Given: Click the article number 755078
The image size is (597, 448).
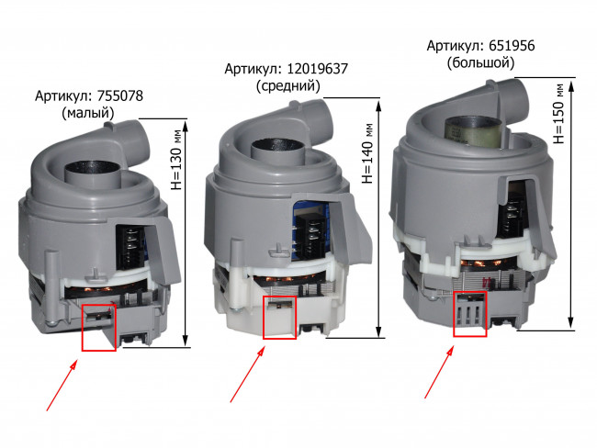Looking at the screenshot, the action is (120, 95).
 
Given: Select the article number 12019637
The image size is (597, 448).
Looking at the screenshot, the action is (317, 69).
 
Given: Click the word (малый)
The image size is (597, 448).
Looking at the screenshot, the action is (88, 113).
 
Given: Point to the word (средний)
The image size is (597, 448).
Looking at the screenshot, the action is (287, 86).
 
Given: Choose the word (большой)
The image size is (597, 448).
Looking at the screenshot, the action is (480, 62).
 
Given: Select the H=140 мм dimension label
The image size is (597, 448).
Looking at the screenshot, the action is (367, 153).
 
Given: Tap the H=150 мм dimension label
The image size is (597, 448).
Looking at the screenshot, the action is (558, 114).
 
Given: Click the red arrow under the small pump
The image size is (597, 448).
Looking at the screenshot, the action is (62, 386).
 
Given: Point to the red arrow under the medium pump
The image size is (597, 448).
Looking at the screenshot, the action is (247, 374).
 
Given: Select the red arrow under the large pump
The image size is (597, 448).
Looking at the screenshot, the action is (439, 372).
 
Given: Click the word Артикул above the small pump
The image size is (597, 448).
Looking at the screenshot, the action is (64, 95).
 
